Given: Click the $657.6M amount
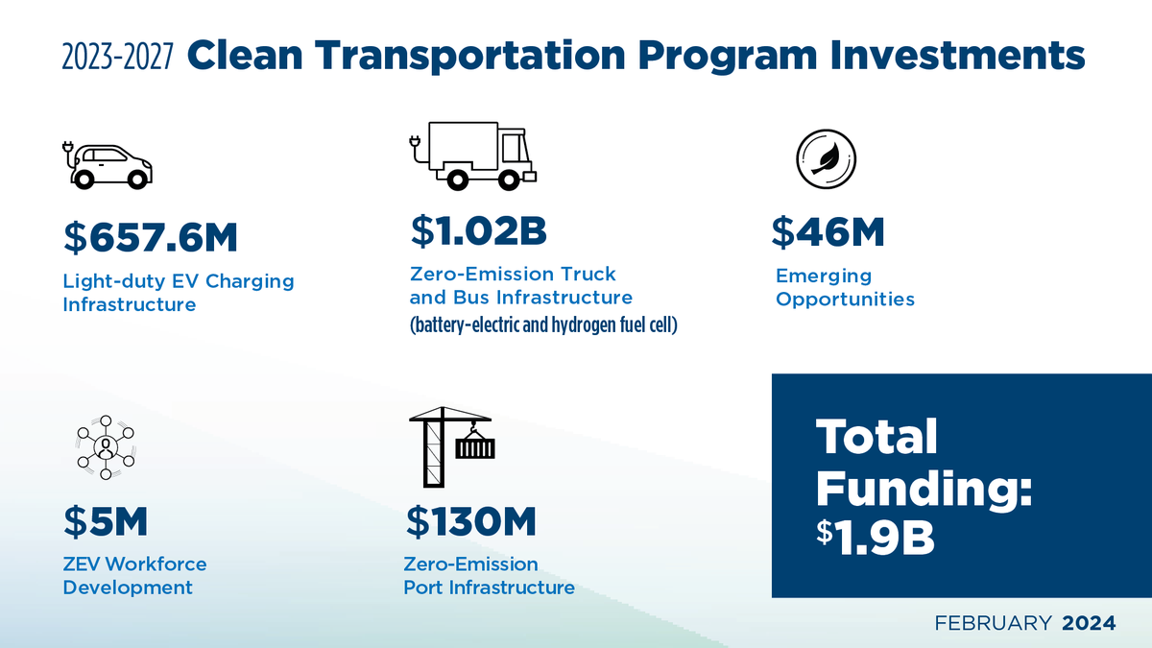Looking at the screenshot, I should (x=150, y=240).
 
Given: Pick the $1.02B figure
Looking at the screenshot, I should (x=478, y=231).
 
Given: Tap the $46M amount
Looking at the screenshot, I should (x=828, y=231).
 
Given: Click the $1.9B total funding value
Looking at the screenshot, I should (x=875, y=538).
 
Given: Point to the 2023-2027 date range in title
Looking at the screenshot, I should (x=117, y=58).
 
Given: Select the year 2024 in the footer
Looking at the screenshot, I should (x=1089, y=623).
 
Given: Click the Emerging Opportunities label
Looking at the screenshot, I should (x=845, y=287).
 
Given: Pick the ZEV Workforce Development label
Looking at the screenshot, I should (x=134, y=575).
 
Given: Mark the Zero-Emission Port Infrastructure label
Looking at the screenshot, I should (x=489, y=575).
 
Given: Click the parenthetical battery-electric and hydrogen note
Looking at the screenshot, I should (x=544, y=324).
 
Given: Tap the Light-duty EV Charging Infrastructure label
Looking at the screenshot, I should (x=178, y=293).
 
